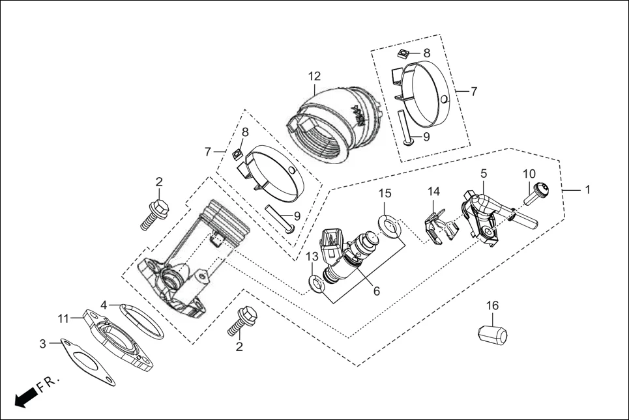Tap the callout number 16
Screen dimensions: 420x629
click(492, 306)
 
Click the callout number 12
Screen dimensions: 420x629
click(315, 76)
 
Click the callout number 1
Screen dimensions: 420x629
click(587, 190)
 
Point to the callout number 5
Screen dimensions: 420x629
click(483, 174)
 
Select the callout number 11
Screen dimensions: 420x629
click(63, 318)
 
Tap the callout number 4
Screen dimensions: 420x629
click(104, 305)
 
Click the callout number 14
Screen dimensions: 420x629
click(434, 191)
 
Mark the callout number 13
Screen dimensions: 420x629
click(312, 258)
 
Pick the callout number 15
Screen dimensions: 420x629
click(385, 193)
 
